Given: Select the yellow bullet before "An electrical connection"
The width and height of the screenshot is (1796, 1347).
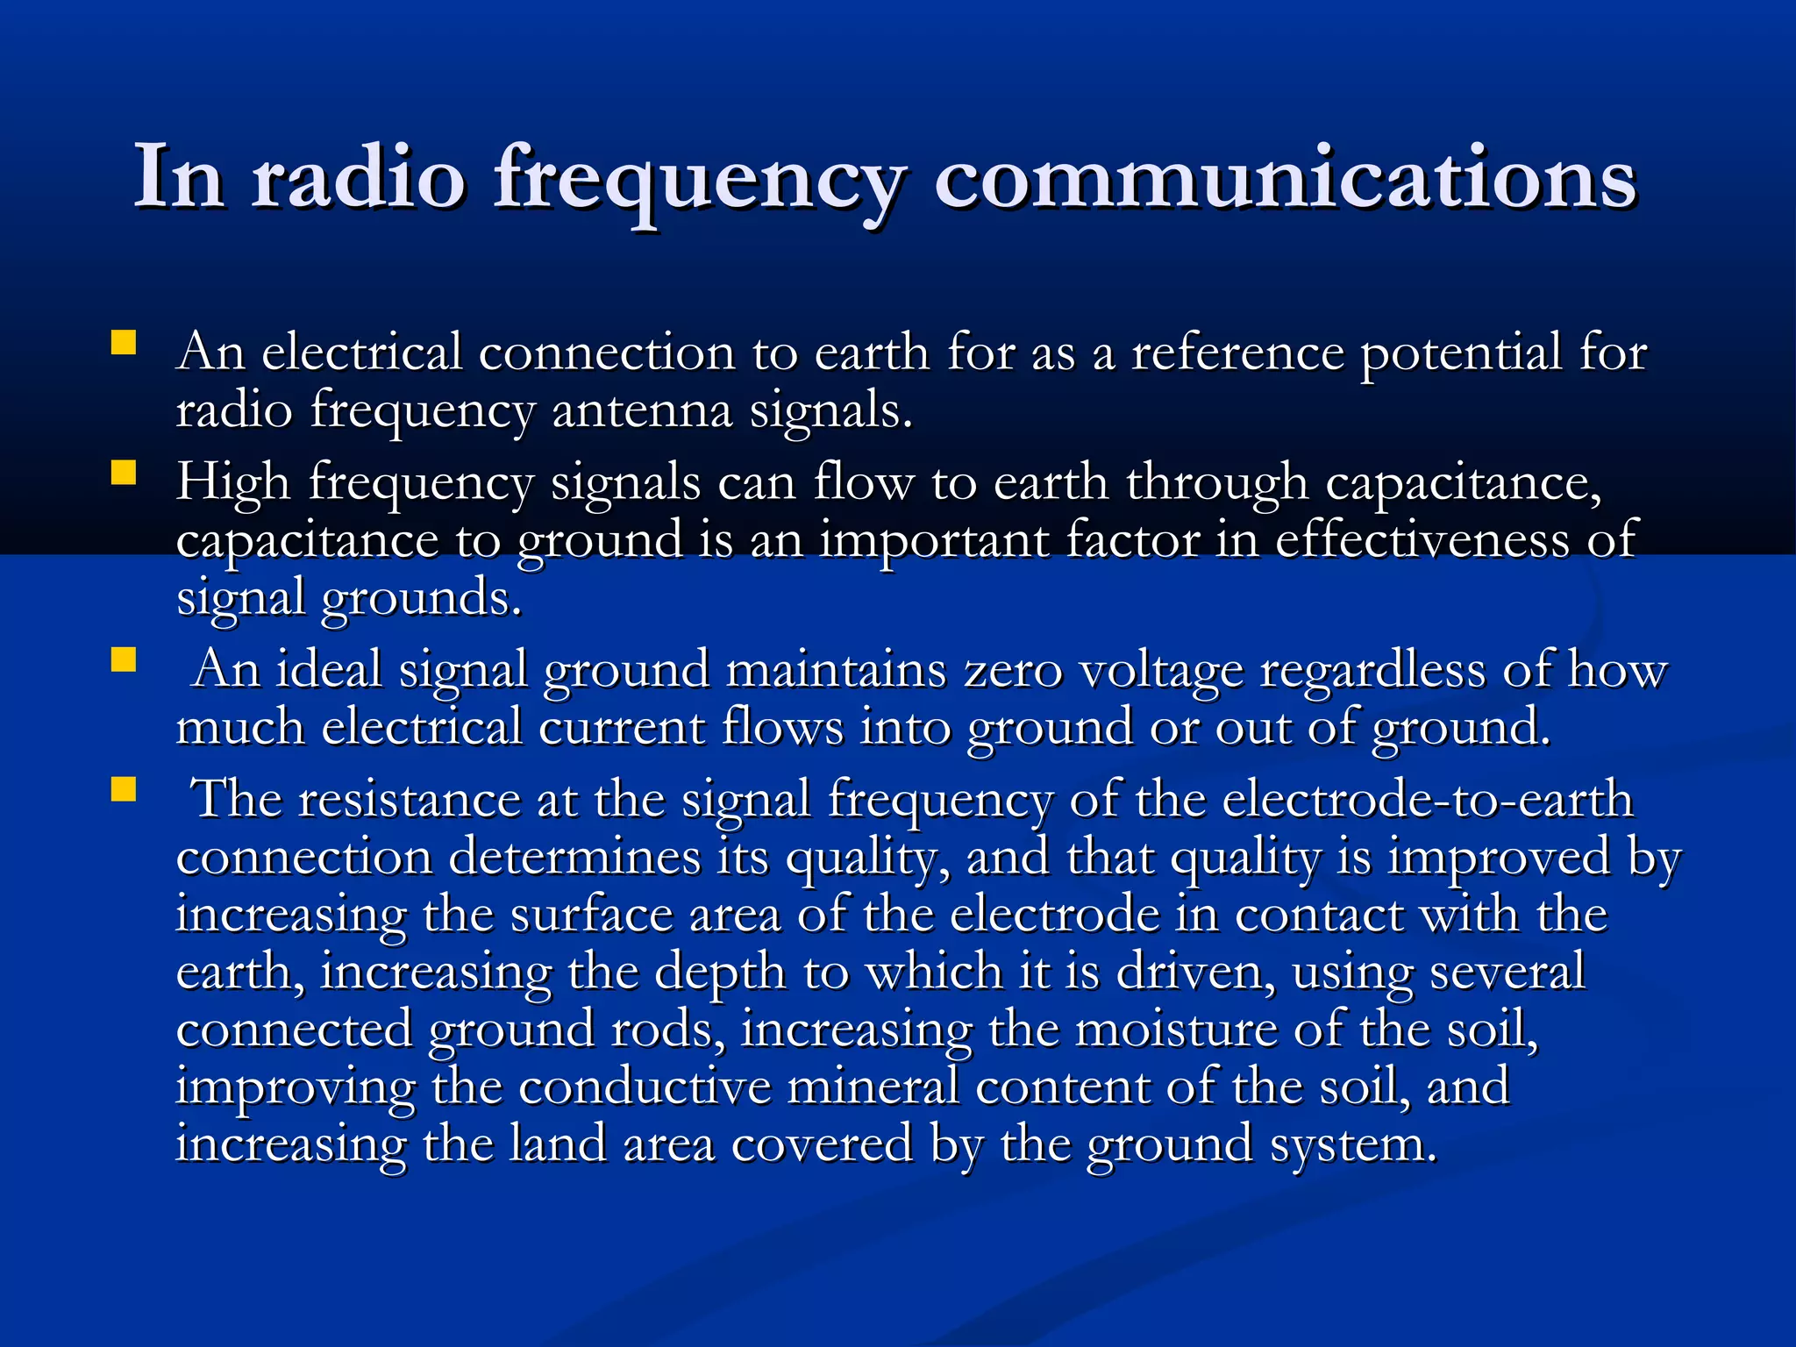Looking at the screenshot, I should [124, 342].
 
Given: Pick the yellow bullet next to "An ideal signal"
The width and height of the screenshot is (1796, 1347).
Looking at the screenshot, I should [124, 659].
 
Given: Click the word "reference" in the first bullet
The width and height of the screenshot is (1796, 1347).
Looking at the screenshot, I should [1237, 353].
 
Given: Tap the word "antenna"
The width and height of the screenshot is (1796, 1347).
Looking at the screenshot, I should [642, 410].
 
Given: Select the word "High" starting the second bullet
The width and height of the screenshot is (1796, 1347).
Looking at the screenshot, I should [232, 482].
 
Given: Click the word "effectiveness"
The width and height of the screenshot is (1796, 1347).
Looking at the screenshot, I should [1422, 540].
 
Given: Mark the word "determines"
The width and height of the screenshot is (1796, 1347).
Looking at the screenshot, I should [574, 857].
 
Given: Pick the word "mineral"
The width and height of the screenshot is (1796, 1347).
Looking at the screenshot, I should [873, 1087].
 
